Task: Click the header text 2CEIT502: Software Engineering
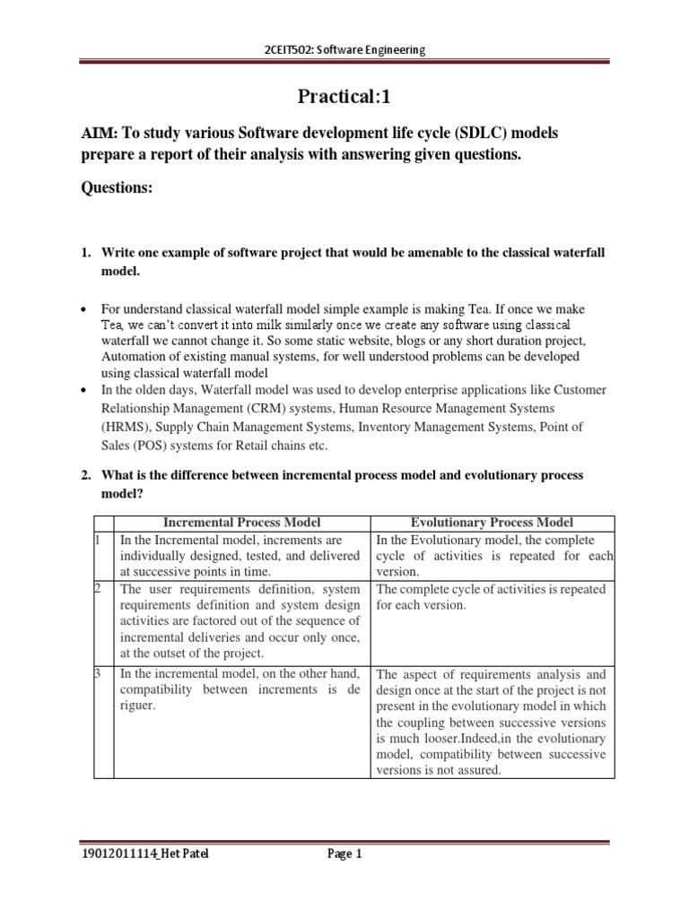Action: (344, 49)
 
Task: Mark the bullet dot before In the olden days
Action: (84, 390)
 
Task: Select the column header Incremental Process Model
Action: (241, 523)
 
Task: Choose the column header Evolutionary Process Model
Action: (492, 523)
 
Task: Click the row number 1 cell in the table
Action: (98, 540)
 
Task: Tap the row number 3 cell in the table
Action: (98, 673)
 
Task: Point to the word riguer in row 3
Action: (139, 706)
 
